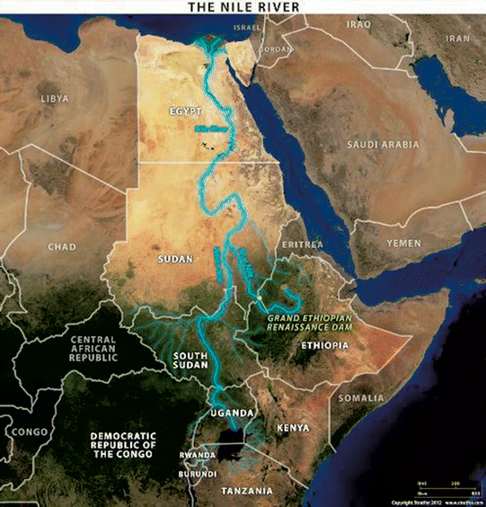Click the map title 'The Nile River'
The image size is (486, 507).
(242, 7)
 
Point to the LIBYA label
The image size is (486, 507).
(55, 96)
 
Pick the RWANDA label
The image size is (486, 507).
(197, 455)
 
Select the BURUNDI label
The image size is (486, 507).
(197, 473)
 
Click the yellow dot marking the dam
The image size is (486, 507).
(261, 298)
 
